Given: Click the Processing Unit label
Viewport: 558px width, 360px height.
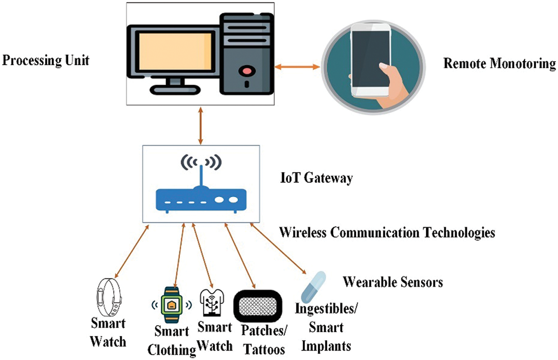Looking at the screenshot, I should [46, 60].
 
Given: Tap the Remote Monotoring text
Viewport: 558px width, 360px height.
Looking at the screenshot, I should [500, 64].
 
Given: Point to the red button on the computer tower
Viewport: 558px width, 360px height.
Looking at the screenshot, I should [246, 70].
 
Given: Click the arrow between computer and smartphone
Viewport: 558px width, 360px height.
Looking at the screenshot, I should [297, 67].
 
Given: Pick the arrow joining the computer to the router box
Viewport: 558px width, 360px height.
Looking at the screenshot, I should [201, 125].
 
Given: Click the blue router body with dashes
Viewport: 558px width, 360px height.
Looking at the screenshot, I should [200, 199].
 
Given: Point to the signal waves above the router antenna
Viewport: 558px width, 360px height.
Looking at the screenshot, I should [201, 162].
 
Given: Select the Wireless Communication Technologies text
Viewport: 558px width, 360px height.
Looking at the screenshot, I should [387, 232].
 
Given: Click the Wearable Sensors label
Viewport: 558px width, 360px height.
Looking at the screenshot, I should [392, 282].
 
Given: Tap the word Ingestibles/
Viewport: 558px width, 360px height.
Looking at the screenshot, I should [328, 309].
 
